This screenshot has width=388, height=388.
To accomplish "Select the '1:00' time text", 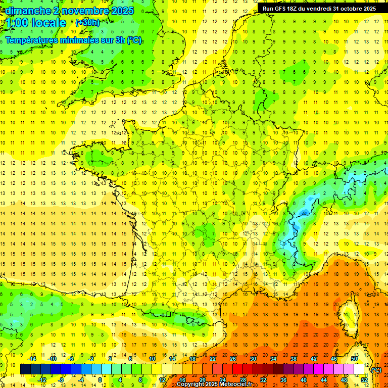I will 17,23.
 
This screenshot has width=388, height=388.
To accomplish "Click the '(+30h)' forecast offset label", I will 87,22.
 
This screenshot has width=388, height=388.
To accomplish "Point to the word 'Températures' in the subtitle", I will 31,40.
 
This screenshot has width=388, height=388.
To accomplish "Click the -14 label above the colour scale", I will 32,359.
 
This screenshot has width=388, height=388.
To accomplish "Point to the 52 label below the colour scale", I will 364,380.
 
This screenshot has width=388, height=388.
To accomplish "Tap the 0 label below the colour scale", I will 100,380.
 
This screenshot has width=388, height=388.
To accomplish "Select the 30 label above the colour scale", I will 253,359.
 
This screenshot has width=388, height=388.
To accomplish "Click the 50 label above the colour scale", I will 354,359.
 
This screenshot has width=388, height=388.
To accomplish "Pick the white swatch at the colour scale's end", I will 359,369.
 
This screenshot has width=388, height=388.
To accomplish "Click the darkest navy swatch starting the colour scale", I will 25,369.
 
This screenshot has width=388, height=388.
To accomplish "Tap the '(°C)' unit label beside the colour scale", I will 376,370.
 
